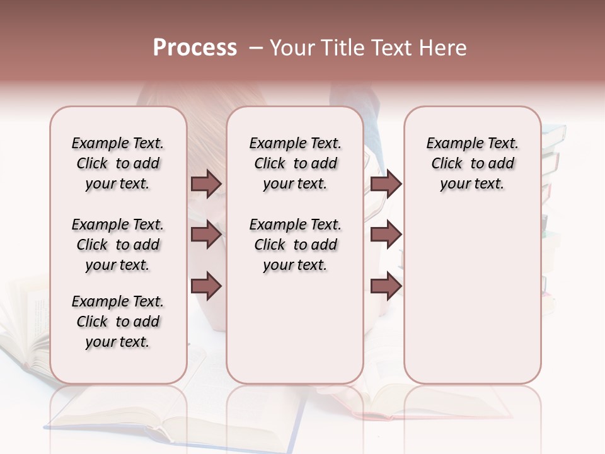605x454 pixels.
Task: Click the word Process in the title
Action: coord(195,48)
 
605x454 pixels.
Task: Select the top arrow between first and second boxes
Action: coord(206,183)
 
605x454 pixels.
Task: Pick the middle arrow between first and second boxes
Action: coord(206,235)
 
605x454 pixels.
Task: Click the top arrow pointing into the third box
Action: coord(386,183)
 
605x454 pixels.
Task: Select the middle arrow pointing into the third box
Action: coord(386,235)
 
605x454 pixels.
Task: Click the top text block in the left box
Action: coord(118,163)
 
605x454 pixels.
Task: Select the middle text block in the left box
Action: coord(118,245)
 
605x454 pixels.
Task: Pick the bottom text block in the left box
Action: coord(118,322)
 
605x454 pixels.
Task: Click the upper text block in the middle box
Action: coord(295,163)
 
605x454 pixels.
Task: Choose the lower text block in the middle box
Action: coord(295,245)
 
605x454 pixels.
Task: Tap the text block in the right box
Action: coord(472,163)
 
